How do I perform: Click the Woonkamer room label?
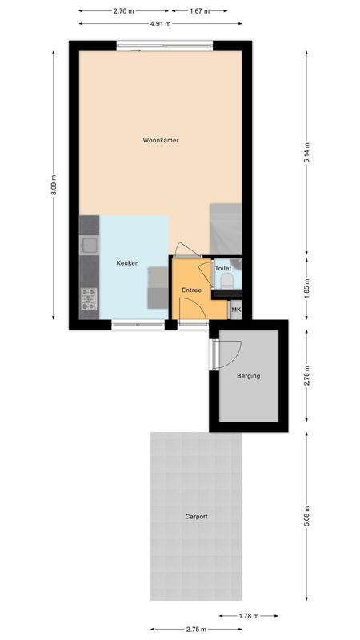tap(160, 140)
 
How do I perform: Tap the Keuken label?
tap(127, 263)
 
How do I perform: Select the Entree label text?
tap(191, 290)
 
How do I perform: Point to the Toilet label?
tap(222, 269)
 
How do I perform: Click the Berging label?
tap(248, 375)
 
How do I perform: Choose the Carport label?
tap(196, 517)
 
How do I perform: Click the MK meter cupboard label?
tap(236, 310)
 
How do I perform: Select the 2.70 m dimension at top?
tap(124, 11)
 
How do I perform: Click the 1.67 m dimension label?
tap(200, 11)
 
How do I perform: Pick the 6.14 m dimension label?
tap(306, 152)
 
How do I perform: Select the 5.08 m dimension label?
tap(306, 516)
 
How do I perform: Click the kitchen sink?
tap(88, 245)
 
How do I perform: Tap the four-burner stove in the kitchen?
tap(88, 298)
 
